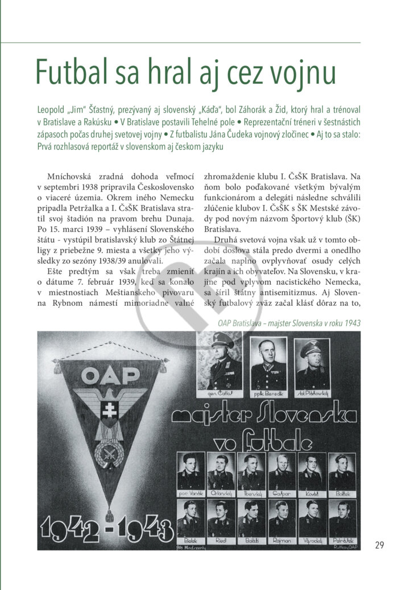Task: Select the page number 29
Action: pos(379,545)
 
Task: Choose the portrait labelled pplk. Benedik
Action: pos(268,364)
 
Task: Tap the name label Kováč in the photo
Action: pos(312,493)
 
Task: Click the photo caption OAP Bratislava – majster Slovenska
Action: pos(289,323)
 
